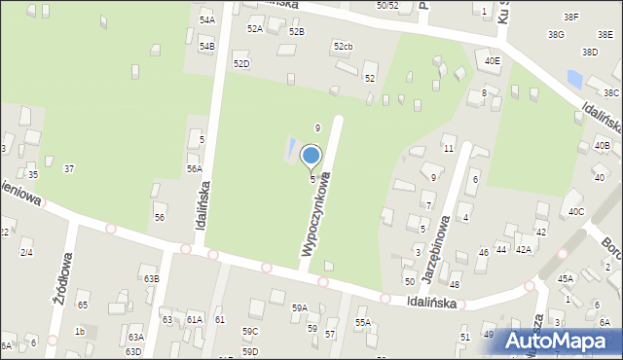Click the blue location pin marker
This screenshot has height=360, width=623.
tap(311, 157)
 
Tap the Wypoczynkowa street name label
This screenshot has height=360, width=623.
tap(322, 215)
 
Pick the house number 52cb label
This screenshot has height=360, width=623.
tap(343, 47)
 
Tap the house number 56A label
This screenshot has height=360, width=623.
tap(194, 168)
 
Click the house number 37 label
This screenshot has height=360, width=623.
tap(68, 169)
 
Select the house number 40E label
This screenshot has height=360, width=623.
tap(493, 60)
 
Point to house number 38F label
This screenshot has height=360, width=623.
tap(570, 18)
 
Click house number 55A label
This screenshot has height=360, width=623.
tap(362, 322)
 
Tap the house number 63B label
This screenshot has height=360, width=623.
tap(151, 279)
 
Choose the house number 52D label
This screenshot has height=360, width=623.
tap(240, 64)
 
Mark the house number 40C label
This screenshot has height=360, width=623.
tap(576, 211)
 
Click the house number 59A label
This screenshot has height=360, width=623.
tap(300, 308)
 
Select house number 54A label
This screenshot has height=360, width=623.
tap(206, 19)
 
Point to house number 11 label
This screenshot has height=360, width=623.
tap(448, 148)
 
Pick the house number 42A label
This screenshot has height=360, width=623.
tap(524, 250)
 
